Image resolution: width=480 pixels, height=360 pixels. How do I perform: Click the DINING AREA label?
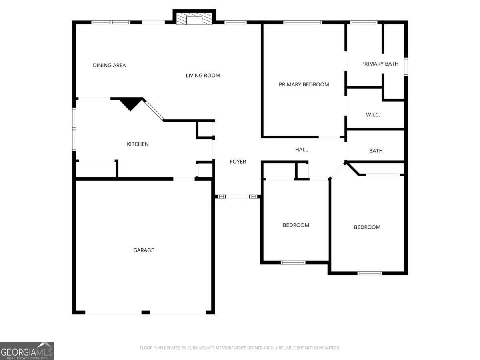(109, 65)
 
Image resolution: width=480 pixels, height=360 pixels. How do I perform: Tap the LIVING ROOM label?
(203, 75)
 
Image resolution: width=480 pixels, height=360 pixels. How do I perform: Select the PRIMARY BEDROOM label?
(304, 84)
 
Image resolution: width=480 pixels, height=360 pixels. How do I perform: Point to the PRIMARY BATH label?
(380, 64)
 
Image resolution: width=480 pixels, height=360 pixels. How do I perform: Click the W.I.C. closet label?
(373, 115)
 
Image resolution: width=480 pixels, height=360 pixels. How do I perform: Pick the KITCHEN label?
(138, 144)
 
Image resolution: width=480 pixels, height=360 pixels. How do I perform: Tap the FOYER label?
(238, 162)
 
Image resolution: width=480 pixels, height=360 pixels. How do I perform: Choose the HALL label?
(302, 149)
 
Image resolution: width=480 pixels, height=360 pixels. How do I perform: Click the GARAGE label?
(143, 250)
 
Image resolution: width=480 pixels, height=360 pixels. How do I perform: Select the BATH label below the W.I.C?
(376, 151)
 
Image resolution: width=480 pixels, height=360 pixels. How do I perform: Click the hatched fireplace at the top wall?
(194, 20)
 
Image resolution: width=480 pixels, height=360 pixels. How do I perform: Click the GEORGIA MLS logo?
(27, 351)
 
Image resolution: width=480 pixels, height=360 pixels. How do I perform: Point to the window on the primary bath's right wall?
(406, 66)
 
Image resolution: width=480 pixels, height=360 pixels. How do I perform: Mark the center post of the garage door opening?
(146, 312)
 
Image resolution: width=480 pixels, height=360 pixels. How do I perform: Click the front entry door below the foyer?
(238, 196)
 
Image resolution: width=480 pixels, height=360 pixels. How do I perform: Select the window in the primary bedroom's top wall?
(302, 22)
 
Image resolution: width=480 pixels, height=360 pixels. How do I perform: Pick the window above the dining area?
(111, 22)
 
